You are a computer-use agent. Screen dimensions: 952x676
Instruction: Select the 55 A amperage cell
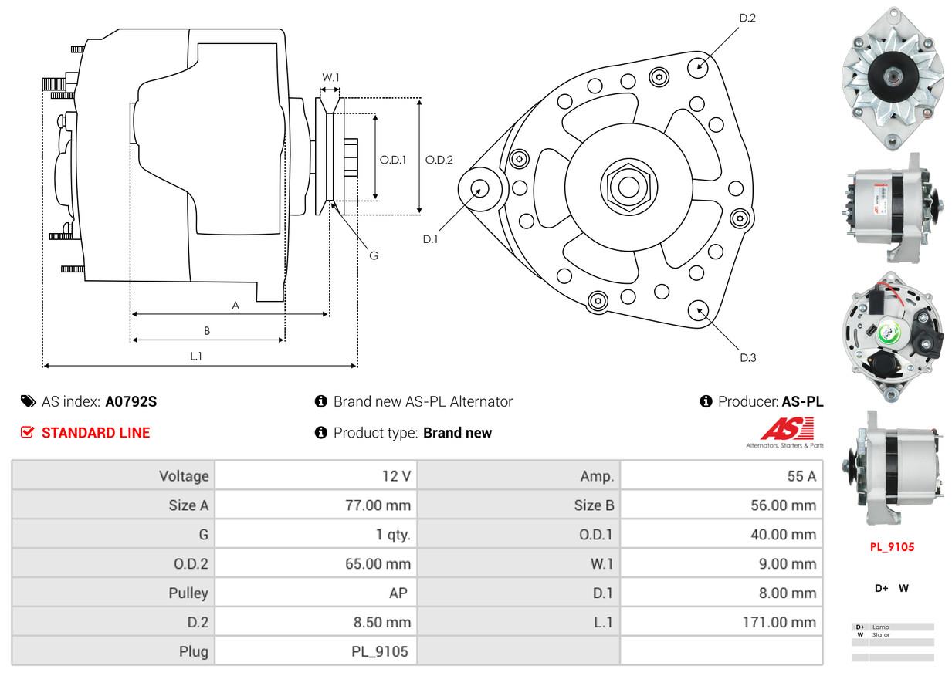(801, 476)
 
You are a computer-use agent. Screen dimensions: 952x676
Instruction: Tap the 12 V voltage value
(396, 476)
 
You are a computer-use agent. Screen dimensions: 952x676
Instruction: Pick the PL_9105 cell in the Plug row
(380, 651)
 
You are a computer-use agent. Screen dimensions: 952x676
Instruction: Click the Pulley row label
(188, 593)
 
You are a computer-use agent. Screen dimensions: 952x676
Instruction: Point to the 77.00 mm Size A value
(378, 505)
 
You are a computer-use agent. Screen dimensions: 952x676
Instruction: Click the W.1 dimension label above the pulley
(330, 77)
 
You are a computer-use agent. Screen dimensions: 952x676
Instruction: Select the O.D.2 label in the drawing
(439, 160)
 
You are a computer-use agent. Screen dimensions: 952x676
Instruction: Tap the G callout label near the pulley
(374, 255)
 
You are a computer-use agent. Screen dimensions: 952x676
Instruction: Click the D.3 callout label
(747, 358)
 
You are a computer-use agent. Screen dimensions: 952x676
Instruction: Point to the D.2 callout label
(747, 18)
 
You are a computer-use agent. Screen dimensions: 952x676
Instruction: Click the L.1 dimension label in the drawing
(195, 356)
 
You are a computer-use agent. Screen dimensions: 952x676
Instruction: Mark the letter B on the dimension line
(207, 330)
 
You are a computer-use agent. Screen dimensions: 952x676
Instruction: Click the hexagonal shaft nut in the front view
(628, 187)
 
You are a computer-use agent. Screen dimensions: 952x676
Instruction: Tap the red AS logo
(787, 428)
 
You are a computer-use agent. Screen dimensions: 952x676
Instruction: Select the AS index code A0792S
(131, 401)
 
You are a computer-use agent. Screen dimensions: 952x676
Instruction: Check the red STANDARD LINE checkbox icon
(27, 432)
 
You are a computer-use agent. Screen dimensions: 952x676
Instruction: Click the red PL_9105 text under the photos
(892, 547)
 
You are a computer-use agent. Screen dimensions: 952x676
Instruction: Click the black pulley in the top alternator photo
(893, 77)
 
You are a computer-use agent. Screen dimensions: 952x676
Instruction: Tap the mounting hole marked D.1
(479, 188)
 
